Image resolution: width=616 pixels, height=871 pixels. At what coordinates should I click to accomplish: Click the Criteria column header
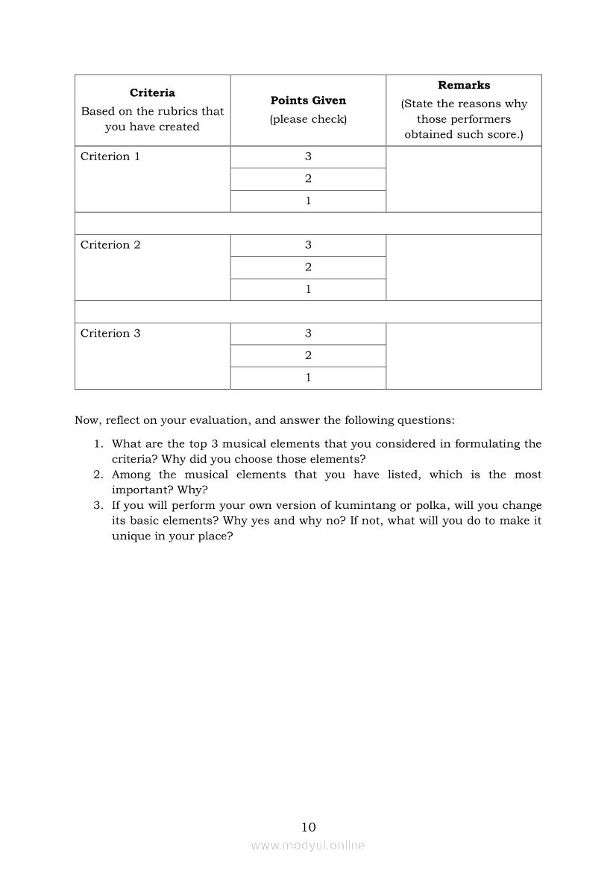pyautogui.click(x=152, y=93)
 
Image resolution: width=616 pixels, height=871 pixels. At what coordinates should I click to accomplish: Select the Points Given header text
pyautogui.click(x=308, y=101)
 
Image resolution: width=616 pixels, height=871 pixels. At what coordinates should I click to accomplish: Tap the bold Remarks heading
pyautogui.click(x=464, y=86)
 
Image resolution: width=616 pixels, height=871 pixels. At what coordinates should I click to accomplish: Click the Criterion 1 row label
pyautogui.click(x=110, y=156)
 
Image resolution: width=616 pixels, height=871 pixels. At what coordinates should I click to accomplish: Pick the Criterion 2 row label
pyautogui.click(x=110, y=245)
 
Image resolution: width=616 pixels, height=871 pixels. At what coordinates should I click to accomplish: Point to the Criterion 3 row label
pyautogui.click(x=110, y=334)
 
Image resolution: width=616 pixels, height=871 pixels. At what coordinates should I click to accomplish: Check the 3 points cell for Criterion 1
pyautogui.click(x=308, y=156)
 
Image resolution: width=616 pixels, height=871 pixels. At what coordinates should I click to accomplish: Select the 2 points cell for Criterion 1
pyautogui.click(x=308, y=179)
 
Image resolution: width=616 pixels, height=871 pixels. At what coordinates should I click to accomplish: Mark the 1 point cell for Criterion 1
pyautogui.click(x=308, y=201)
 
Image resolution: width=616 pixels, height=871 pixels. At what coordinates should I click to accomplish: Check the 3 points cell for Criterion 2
pyautogui.click(x=308, y=245)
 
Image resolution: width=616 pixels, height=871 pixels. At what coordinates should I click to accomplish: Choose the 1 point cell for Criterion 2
pyautogui.click(x=308, y=290)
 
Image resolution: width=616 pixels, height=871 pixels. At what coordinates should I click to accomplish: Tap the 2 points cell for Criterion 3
pyautogui.click(x=308, y=356)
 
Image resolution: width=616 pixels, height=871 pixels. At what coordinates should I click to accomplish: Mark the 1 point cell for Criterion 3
pyautogui.click(x=308, y=378)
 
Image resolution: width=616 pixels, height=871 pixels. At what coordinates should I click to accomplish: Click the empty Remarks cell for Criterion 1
pyautogui.click(x=464, y=179)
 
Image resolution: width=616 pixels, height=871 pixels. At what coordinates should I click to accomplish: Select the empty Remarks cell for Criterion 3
pyautogui.click(x=464, y=356)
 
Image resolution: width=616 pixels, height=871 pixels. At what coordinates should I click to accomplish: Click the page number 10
pyautogui.click(x=309, y=827)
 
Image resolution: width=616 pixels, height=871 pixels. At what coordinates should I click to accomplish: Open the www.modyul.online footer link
pyautogui.click(x=308, y=846)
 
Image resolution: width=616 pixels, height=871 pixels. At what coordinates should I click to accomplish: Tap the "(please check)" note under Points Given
pyautogui.click(x=308, y=119)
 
